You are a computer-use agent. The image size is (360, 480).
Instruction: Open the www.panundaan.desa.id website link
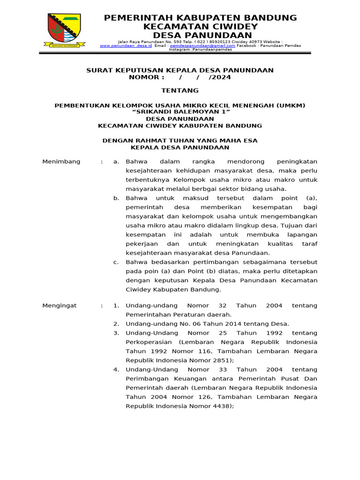click(x=125, y=46)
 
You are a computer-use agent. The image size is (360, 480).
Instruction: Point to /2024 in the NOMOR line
click(x=220, y=77)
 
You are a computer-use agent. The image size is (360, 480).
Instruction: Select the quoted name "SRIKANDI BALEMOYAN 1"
click(x=180, y=112)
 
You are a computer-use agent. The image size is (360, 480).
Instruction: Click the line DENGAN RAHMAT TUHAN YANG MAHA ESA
click(x=180, y=140)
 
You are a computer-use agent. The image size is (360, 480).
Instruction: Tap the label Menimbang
click(x=61, y=162)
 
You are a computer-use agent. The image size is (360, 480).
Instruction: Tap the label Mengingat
click(x=60, y=306)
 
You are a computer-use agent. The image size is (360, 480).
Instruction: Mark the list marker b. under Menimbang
click(x=116, y=198)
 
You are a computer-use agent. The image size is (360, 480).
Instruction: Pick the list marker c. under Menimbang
click(x=116, y=262)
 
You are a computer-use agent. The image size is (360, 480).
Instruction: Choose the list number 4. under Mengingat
click(x=116, y=370)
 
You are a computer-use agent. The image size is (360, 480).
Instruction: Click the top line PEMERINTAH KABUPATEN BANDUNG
click(x=200, y=18)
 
